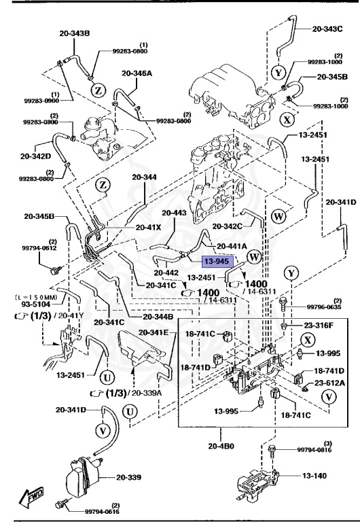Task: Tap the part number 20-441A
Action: [x=232, y=245]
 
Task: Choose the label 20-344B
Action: [x=158, y=317]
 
